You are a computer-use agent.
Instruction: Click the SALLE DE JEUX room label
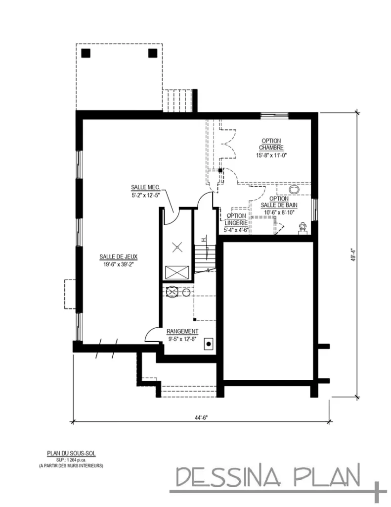pyautogui.click(x=118, y=256)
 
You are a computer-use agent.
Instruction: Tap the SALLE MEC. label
pyautogui.click(x=144, y=187)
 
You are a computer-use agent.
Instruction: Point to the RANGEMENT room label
pyautogui.click(x=182, y=331)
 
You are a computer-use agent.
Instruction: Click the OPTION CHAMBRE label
pyautogui.click(x=271, y=144)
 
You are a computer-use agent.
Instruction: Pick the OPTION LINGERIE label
pyautogui.click(x=236, y=219)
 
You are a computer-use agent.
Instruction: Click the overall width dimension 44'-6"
pyautogui.click(x=201, y=417)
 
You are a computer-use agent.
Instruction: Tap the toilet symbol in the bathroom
pyautogui.click(x=302, y=227)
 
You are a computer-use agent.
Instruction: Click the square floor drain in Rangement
pyautogui.click(x=209, y=343)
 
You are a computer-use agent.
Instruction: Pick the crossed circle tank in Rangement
pyautogui.click(x=172, y=292)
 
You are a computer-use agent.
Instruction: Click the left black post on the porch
pyautogui.click(x=87, y=53)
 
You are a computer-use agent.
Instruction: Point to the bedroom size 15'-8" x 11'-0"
pyautogui.click(x=271, y=155)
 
